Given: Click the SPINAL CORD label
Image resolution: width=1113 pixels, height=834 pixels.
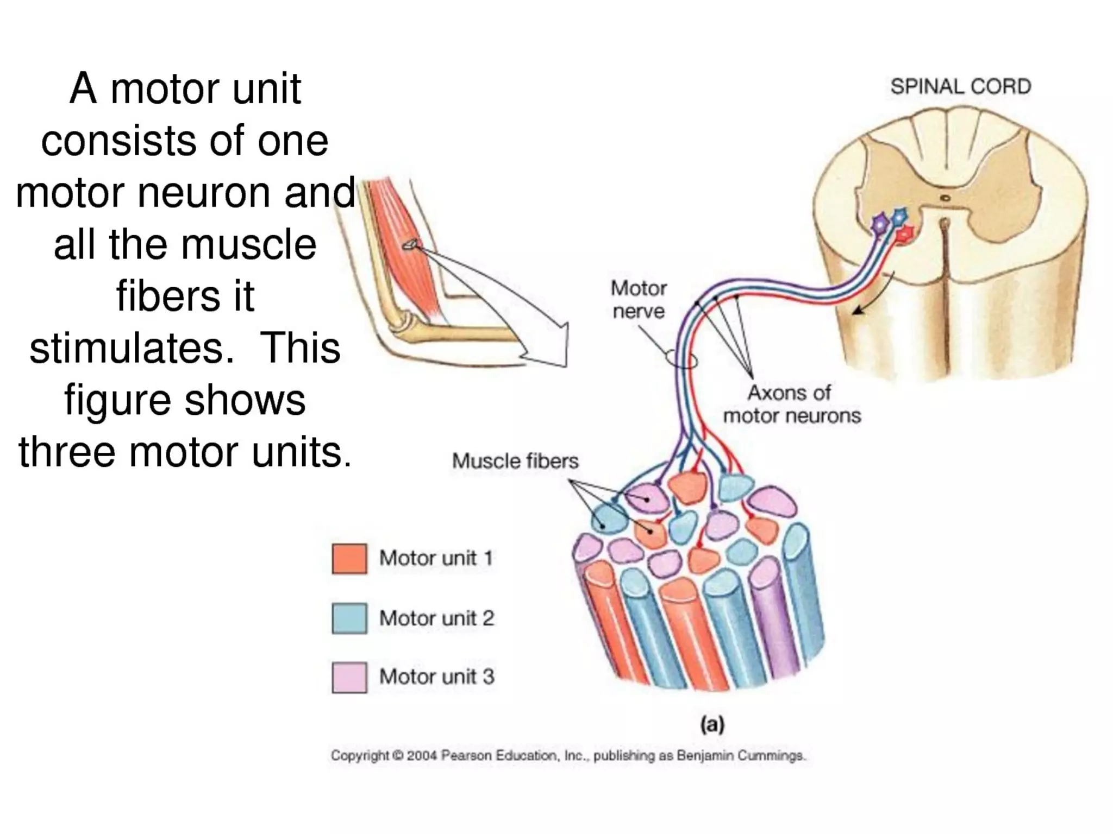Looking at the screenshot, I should [960, 87].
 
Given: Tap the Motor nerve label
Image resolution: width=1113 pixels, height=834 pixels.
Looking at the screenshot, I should [639, 299].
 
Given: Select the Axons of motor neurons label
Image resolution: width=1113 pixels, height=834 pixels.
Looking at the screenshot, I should [791, 404].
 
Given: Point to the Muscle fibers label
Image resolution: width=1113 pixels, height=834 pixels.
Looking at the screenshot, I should [515, 461].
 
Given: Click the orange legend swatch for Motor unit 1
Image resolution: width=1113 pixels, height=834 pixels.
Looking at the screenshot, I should [349, 559].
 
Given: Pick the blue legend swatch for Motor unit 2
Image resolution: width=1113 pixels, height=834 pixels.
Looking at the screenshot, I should [349, 618].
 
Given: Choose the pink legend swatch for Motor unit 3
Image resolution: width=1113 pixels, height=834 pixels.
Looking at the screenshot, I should [349, 678].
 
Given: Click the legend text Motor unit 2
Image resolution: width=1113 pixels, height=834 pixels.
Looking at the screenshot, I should [436, 618].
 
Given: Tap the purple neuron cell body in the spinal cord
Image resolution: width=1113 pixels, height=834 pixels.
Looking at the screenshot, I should [879, 223].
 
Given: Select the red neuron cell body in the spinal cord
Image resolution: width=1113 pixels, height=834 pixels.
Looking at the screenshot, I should [904, 234].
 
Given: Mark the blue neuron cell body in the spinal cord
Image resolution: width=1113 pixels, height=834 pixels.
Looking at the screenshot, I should [899, 216].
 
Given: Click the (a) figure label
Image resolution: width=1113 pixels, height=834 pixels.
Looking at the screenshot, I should [712, 724].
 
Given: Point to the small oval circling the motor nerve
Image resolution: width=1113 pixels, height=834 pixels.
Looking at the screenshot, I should [680, 359].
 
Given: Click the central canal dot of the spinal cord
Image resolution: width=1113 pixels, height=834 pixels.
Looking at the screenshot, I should [946, 198].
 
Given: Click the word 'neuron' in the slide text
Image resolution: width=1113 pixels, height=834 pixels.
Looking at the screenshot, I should [203, 192].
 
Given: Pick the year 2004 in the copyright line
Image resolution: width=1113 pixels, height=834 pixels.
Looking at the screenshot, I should [422, 755].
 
